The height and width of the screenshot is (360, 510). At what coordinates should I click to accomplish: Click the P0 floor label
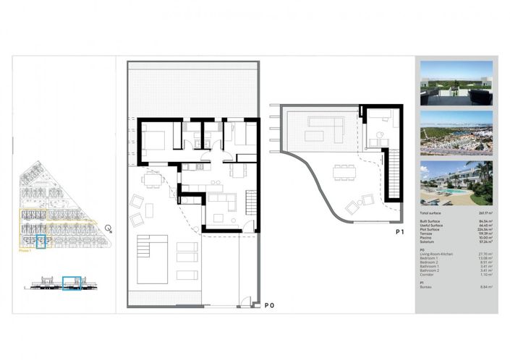(269, 306)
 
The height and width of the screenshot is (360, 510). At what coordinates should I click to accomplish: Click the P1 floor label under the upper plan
(399, 232)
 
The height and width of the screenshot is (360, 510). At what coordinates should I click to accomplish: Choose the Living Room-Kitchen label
(437, 254)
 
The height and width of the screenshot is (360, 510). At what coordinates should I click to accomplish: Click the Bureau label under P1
(428, 287)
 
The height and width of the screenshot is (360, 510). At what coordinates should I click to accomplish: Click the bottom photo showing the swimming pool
(456, 182)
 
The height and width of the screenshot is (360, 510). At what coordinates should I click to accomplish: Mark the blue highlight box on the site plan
(41, 241)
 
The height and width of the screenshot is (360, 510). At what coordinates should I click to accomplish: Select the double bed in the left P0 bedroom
(154, 137)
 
